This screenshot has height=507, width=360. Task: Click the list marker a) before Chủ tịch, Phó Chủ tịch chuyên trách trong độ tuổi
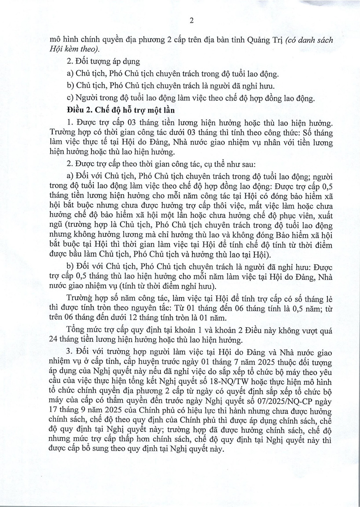(71, 74)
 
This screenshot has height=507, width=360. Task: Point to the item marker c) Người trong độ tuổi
(71, 97)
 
